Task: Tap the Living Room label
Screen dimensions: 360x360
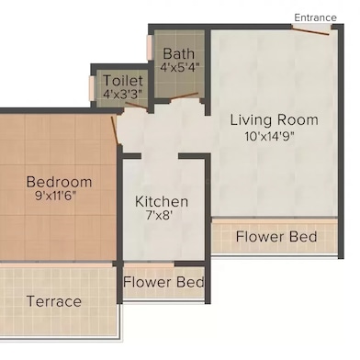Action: pyautogui.click(x=274, y=119)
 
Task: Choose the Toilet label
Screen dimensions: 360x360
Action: pyautogui.click(x=122, y=81)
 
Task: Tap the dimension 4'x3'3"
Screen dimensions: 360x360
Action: pyautogui.click(x=122, y=94)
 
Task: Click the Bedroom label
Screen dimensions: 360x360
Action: pyautogui.click(x=59, y=181)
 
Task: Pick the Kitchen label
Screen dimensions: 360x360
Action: pyautogui.click(x=162, y=201)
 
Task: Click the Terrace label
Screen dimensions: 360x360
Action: pyautogui.click(x=53, y=301)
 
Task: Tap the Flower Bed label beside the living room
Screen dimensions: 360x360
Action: pyautogui.click(x=276, y=237)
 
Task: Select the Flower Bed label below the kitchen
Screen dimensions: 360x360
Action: pyautogui.click(x=163, y=282)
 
